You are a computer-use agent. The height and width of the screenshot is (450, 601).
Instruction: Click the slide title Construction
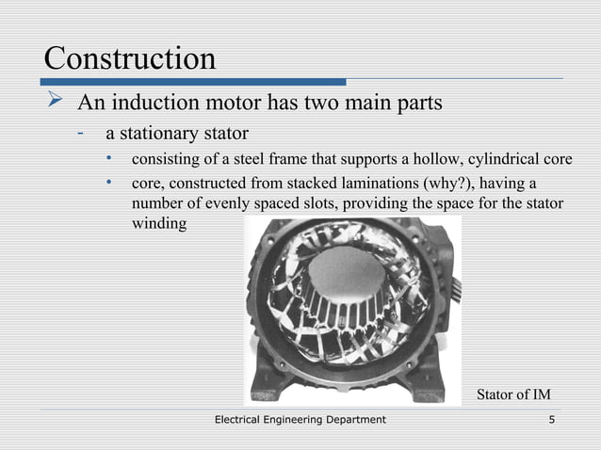[x=130, y=58]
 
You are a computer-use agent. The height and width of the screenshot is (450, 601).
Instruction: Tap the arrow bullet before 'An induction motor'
[x=55, y=101]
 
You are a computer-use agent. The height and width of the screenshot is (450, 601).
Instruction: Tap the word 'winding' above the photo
[x=159, y=225]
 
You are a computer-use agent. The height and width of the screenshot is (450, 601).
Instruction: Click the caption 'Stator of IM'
[x=512, y=394]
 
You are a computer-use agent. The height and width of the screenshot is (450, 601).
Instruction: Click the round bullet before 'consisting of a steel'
[x=110, y=157]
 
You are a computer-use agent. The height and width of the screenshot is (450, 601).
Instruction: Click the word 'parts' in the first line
[x=417, y=102]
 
